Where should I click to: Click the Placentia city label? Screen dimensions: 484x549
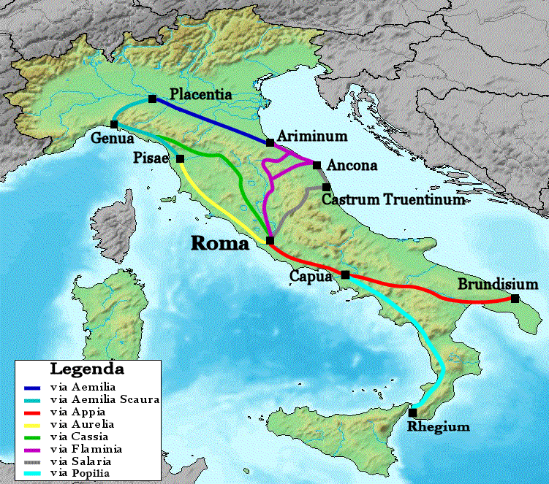click(x=200, y=94)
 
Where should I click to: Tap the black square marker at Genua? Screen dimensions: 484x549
click(x=114, y=124)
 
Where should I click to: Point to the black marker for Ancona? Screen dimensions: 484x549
click(x=317, y=165)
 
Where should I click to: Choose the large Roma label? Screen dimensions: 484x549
click(x=220, y=244)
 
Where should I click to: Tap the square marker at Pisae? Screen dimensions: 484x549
click(x=180, y=158)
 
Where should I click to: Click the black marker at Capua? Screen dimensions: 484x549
click(x=345, y=274)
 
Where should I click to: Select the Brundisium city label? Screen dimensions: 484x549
click(x=498, y=284)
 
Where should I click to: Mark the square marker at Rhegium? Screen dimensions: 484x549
click(x=412, y=412)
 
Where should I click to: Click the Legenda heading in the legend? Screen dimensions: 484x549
click(x=86, y=369)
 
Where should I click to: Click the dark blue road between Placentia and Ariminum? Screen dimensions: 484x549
click(x=212, y=120)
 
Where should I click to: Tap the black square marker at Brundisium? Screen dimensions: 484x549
click(x=515, y=299)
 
